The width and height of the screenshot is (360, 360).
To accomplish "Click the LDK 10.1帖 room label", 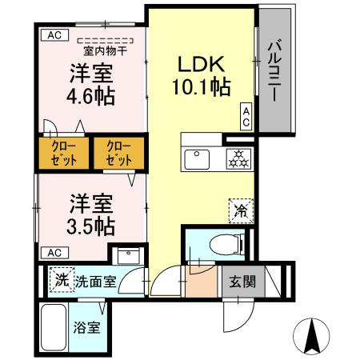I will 204,74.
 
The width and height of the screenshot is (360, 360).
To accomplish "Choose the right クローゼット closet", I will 118,154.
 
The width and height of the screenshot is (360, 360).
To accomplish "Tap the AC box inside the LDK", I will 246,117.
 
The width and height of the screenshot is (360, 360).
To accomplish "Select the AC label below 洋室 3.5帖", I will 54,253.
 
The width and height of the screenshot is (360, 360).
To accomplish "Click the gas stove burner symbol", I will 236,158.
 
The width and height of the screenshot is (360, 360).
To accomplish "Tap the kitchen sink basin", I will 197,158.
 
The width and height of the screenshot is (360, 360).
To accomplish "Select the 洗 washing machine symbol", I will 62,280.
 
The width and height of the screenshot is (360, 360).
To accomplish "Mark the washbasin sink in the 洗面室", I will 127,256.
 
